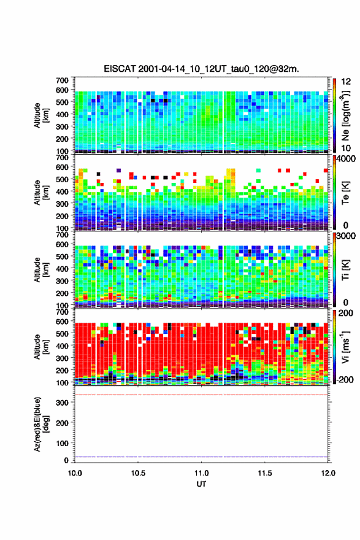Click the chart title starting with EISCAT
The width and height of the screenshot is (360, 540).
[x=201, y=69]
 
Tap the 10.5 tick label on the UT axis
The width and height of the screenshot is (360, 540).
[x=138, y=473]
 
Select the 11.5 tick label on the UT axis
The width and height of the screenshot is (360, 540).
[x=265, y=473]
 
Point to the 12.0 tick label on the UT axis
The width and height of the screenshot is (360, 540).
[x=328, y=473]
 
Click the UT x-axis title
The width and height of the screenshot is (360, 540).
[x=201, y=484]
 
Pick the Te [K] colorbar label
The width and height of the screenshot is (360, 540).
[x=345, y=193]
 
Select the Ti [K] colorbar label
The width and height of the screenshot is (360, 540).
[x=345, y=270]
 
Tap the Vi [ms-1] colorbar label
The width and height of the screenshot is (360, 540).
[x=345, y=347]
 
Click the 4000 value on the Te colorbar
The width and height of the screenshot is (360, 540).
[x=345, y=160]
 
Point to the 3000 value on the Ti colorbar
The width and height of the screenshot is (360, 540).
[x=345, y=236]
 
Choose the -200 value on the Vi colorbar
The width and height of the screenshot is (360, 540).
[x=343, y=380]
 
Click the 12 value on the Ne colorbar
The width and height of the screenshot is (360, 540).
[x=346, y=82]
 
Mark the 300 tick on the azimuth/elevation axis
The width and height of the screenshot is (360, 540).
[x=63, y=403]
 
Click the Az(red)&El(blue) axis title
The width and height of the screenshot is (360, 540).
[x=41, y=424]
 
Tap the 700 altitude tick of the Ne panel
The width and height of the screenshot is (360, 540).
[x=63, y=80]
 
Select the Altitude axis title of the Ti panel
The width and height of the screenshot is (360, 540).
[x=41, y=269]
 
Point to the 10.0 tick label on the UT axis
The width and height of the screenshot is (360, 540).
[x=75, y=473]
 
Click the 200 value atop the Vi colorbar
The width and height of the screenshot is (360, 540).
[x=345, y=313]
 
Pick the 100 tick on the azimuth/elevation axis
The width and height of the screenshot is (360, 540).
[x=63, y=443]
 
